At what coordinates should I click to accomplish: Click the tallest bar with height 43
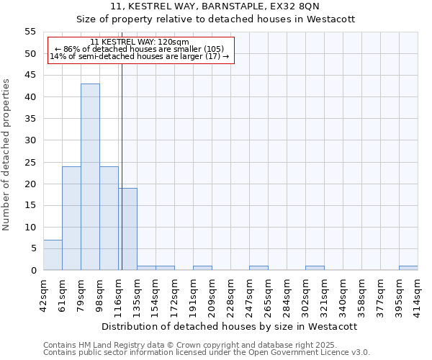(90, 177)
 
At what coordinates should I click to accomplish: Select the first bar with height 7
(53, 255)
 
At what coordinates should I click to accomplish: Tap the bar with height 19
(127, 229)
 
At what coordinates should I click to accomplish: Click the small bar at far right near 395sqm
(408, 268)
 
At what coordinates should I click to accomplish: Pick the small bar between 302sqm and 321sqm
(315, 268)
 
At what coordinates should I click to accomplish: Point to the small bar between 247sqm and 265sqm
(258, 268)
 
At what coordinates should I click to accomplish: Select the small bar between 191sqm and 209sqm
(202, 268)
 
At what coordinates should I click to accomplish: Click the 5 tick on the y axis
(33, 248)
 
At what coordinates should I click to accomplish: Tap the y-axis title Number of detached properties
(6, 155)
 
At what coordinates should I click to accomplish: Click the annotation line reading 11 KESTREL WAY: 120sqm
(140, 42)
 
